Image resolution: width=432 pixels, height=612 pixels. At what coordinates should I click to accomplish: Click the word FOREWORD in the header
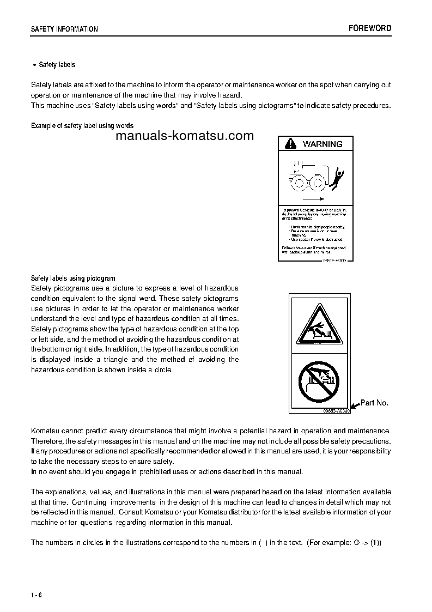tap(369, 28)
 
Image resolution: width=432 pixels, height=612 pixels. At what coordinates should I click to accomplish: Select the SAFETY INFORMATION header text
tap(64, 29)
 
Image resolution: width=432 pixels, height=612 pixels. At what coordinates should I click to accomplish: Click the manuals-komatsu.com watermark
tap(185, 136)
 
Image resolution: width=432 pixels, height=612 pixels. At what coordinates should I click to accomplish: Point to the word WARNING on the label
tap(323, 144)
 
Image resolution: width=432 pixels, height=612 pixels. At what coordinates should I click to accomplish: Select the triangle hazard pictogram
tap(319, 325)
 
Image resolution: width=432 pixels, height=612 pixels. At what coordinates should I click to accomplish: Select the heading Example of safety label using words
tap(82, 126)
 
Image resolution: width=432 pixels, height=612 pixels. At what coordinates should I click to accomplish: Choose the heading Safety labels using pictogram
tap(73, 278)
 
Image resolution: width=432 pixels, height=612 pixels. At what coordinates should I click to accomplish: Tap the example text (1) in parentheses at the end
tap(375, 542)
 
